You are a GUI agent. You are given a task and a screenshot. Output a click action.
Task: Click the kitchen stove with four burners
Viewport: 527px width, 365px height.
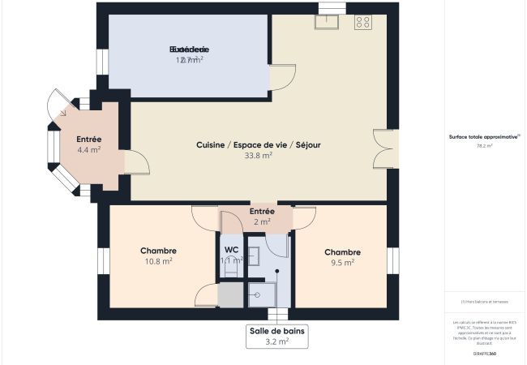362,23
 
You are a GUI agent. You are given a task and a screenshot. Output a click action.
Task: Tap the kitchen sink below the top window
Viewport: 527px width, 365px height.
328,22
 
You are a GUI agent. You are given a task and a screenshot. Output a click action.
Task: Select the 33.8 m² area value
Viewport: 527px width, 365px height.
258,156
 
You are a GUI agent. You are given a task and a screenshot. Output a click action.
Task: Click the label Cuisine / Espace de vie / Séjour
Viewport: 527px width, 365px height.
258,144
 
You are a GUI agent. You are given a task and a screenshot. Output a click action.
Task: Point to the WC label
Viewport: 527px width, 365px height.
232,249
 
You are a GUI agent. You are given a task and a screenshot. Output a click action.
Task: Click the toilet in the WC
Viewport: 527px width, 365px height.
231,270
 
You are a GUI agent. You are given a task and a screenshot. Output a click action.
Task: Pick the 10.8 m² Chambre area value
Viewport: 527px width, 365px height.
158,261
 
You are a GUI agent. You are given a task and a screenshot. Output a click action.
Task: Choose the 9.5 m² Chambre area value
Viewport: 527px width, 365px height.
342,262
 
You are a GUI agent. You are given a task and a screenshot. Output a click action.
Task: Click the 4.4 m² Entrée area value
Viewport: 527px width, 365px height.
89,150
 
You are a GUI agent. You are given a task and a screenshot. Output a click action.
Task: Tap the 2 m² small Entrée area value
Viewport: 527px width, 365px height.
262,221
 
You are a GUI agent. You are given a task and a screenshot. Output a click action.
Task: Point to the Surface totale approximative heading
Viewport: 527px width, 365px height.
484,137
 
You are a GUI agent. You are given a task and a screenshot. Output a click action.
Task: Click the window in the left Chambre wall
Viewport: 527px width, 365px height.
104,261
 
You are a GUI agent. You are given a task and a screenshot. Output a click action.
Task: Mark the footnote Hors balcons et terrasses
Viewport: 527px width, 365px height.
485,301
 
